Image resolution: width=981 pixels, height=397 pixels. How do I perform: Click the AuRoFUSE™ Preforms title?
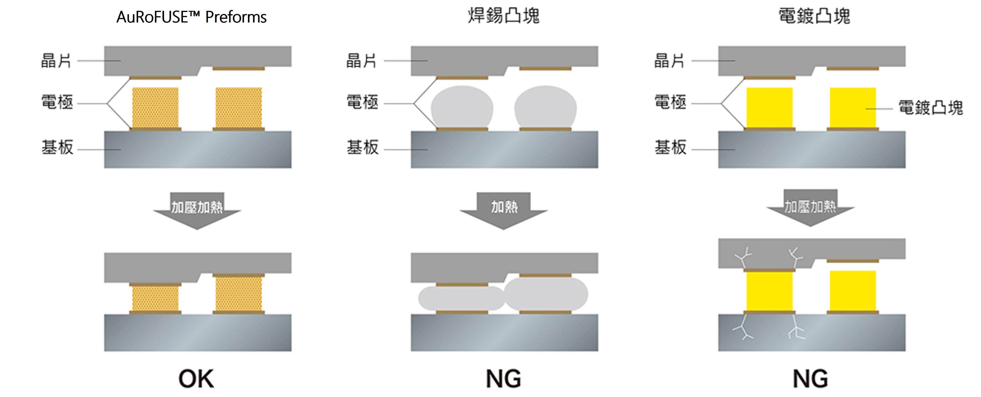(191, 17)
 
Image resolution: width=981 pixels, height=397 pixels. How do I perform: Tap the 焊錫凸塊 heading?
(503, 16)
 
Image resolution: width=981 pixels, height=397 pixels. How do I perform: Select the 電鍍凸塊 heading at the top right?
(814, 16)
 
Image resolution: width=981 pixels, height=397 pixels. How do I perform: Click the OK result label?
(196, 379)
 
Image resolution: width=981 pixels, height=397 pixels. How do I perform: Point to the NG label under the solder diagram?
(503, 379)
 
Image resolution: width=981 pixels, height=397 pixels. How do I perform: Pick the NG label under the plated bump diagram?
(810, 379)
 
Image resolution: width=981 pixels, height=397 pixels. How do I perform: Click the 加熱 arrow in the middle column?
(503, 211)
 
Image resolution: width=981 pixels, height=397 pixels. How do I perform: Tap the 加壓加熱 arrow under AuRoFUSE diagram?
(197, 211)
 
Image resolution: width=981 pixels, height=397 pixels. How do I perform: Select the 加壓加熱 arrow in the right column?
(810, 208)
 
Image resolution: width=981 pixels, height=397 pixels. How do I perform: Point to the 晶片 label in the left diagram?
(56, 60)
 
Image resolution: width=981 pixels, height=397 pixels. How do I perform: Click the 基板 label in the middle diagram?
(363, 147)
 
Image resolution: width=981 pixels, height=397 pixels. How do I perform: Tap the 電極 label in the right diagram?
(670, 102)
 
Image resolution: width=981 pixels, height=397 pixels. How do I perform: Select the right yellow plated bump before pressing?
(853, 108)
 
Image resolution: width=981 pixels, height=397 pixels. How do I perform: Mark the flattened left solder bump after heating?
(462, 298)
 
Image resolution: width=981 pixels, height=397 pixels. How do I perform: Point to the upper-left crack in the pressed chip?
(743, 258)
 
